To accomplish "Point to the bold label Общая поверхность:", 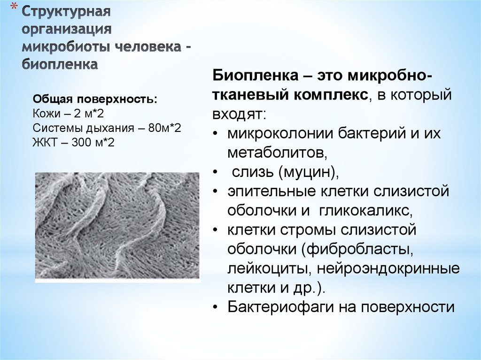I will tap(95, 100).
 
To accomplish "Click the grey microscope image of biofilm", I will tap(117, 228).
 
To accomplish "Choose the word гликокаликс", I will tap(365, 211).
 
